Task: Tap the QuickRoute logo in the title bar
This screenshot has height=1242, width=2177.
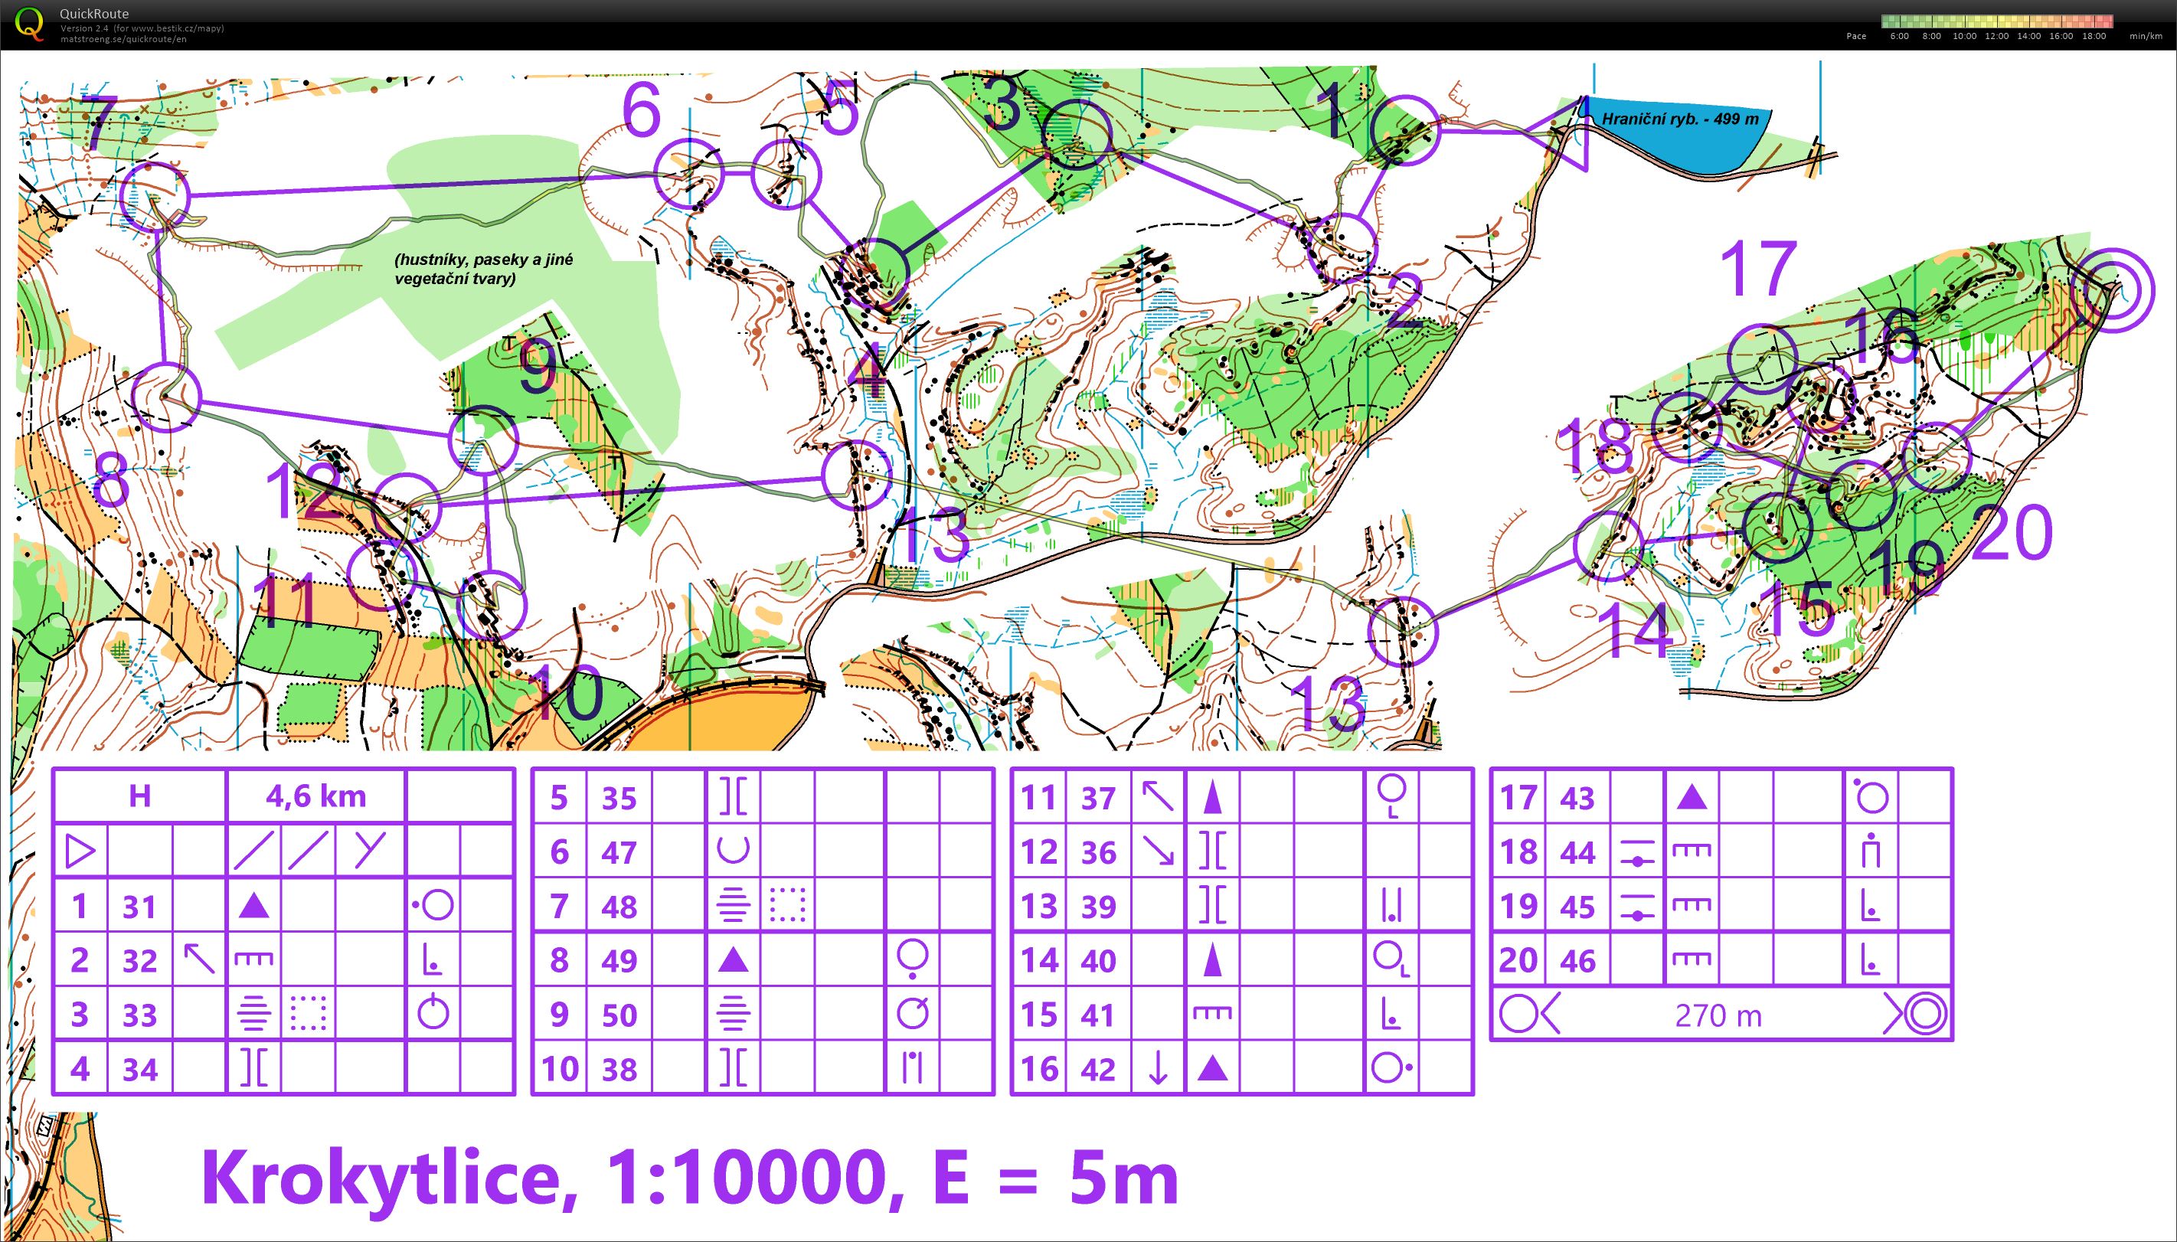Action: click(x=29, y=23)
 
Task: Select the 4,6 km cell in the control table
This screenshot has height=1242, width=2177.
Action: click(x=315, y=796)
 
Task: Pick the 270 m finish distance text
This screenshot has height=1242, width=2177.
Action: click(x=1718, y=1015)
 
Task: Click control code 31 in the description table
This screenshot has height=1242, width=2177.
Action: click(x=139, y=906)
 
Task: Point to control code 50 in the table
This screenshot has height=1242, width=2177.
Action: click(x=619, y=1015)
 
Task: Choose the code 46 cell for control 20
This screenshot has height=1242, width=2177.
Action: click(x=1577, y=960)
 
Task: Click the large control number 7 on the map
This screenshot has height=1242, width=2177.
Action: click(x=98, y=124)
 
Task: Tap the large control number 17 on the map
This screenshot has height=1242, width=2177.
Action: click(x=1757, y=269)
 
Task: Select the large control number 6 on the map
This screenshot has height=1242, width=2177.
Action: click(x=641, y=111)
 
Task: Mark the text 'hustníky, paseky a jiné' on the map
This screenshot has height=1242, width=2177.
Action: click(x=484, y=260)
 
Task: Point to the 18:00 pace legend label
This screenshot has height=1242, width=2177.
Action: click(x=2094, y=36)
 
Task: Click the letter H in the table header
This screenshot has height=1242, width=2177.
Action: click(x=139, y=796)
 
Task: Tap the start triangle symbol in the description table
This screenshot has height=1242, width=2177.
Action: click(x=80, y=851)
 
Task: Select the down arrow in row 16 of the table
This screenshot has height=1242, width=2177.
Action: click(x=1158, y=1069)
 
